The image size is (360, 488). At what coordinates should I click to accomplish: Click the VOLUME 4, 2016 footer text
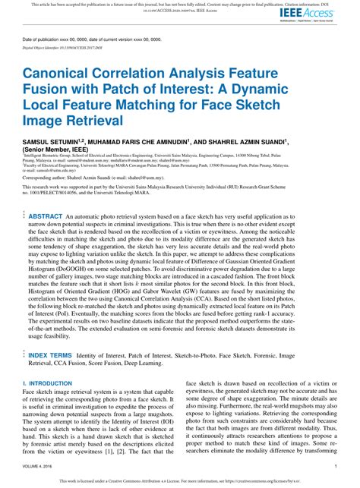(x=38, y=467)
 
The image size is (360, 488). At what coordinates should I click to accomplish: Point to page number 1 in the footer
(x=335, y=467)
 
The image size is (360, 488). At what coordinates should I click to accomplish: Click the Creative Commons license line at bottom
(x=180, y=480)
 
